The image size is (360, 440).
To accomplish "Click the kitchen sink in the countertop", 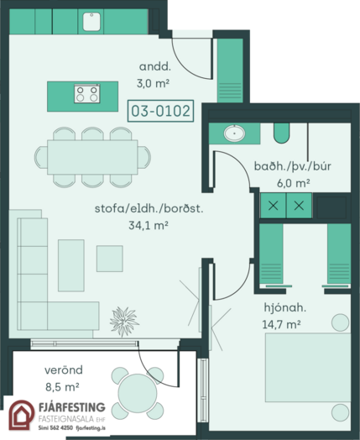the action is pyautogui.click(x=91, y=22).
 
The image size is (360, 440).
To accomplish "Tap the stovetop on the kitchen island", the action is pyautogui.click(x=87, y=94).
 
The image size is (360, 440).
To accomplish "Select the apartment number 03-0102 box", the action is pyautogui.click(x=160, y=111).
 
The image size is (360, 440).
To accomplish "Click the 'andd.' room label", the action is pyautogui.click(x=154, y=67).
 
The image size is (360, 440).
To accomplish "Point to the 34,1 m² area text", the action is pyautogui.click(x=149, y=225).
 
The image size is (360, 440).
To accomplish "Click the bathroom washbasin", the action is pyautogui.click(x=234, y=133).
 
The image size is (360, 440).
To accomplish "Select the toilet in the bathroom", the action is pyautogui.click(x=281, y=133).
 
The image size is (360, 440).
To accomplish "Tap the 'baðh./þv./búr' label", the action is pyautogui.click(x=292, y=166).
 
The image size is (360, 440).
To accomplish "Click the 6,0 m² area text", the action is pyautogui.click(x=293, y=183).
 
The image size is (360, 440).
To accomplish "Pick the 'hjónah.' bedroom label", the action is pyautogui.click(x=284, y=308).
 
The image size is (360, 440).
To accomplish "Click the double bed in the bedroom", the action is pyautogui.click(x=308, y=367).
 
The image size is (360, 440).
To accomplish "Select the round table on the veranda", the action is pyautogui.click(x=138, y=393).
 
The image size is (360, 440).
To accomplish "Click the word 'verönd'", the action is pyautogui.click(x=64, y=370).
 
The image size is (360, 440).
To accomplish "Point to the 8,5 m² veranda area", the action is pyautogui.click(x=62, y=387).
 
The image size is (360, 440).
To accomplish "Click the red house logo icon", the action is pyautogui.click(x=21, y=415).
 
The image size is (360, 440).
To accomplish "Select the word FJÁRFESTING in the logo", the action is pyautogui.click(x=72, y=407).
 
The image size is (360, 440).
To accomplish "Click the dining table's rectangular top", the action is pyautogui.click(x=92, y=157).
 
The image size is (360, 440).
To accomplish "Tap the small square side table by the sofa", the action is pyautogui.click(x=110, y=259).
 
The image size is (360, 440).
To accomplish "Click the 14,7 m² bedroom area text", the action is pyautogui.click(x=281, y=325).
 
